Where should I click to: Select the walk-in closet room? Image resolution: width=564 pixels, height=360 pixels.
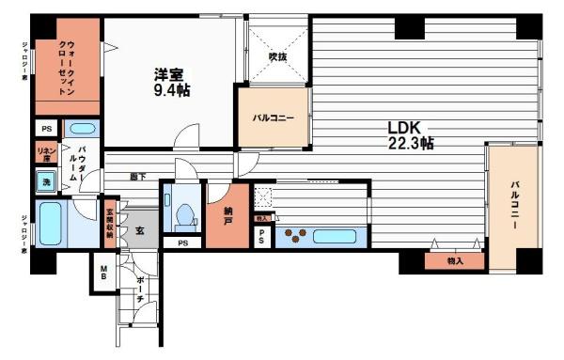(x=67, y=64)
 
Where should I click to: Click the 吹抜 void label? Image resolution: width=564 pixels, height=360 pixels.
(x=276, y=57)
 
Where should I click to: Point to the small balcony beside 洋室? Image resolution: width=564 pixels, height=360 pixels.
(x=273, y=117)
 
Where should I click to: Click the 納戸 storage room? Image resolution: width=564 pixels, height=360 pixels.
(x=227, y=214)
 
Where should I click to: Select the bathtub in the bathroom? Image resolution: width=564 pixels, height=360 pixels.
(x=51, y=224)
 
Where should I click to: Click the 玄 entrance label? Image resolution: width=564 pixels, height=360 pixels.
(x=139, y=229)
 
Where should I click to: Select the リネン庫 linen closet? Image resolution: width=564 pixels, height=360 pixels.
(x=44, y=154)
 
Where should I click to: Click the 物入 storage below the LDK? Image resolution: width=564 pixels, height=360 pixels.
(x=456, y=259)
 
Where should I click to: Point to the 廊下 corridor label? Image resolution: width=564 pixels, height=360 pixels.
(x=138, y=175)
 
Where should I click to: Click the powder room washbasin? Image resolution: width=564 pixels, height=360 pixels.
(x=83, y=129)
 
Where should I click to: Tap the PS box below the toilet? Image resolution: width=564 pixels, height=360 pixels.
(x=182, y=243)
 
